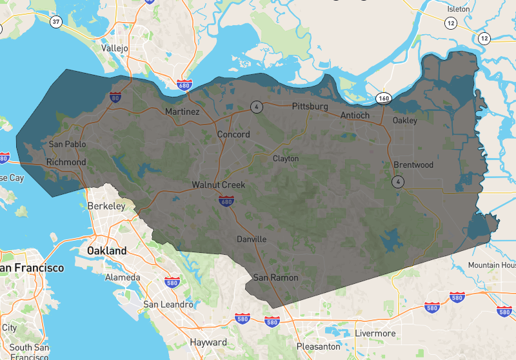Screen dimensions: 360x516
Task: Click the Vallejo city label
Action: click(x=115, y=48)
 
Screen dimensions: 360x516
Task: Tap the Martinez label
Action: click(x=182, y=112)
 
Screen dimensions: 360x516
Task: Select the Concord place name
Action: click(x=233, y=134)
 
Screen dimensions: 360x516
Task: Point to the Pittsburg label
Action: click(x=310, y=106)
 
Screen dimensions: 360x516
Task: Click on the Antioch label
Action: click(x=355, y=115)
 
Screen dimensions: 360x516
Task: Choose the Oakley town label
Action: click(x=404, y=120)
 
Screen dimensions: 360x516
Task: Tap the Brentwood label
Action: click(x=413, y=165)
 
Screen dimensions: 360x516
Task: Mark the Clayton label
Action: click(x=286, y=158)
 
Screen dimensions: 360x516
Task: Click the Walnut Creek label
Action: click(x=219, y=185)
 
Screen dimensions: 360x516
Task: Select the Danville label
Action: click(x=251, y=239)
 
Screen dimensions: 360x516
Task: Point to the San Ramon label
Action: click(x=275, y=277)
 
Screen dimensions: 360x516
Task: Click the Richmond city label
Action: click(x=66, y=162)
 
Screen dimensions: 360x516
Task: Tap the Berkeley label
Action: click(x=106, y=206)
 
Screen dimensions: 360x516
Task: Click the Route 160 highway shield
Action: click(x=385, y=99)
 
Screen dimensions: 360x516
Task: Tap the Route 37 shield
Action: click(x=57, y=22)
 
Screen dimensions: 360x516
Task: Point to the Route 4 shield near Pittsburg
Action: click(x=257, y=106)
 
